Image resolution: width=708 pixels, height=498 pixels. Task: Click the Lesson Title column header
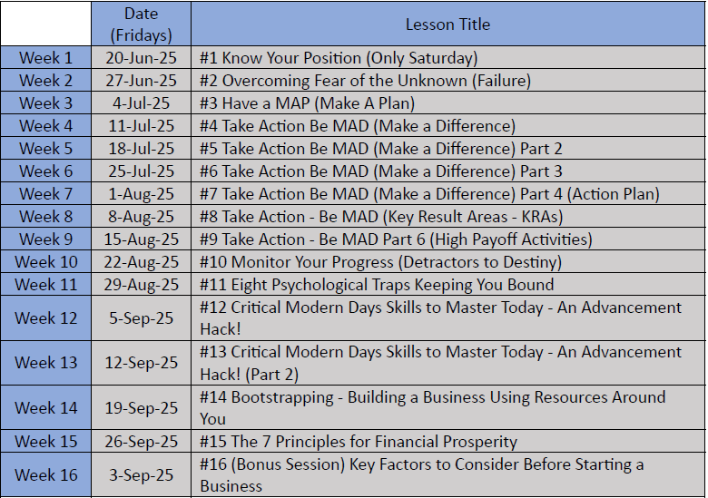point(447,24)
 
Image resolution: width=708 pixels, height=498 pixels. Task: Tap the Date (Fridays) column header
point(142,24)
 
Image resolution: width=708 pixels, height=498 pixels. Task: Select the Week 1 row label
point(45,58)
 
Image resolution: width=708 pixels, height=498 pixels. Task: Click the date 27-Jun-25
point(142,81)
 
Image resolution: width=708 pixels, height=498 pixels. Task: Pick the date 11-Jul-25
point(142,126)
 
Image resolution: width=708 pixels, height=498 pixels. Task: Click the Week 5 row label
point(45,149)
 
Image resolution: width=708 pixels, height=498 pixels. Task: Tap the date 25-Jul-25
point(142,171)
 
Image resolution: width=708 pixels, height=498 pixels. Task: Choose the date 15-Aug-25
point(142,239)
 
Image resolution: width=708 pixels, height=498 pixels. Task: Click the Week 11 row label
point(45,285)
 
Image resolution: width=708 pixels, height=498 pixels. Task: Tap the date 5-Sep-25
point(142,318)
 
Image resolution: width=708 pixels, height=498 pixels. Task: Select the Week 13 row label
point(45,363)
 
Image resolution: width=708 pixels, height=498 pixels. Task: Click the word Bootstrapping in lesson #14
point(282,397)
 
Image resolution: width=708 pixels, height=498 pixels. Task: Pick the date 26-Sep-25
point(142,442)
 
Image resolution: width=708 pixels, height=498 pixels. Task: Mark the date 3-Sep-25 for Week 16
point(142,475)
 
